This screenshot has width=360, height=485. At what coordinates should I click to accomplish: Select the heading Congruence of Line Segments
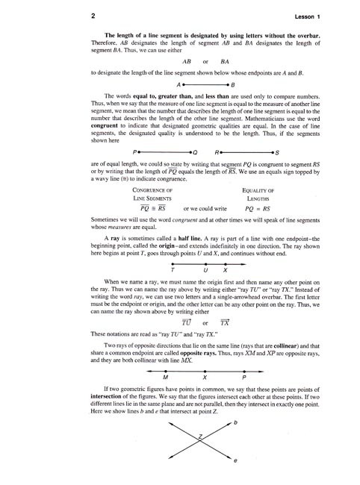[x=153, y=195]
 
